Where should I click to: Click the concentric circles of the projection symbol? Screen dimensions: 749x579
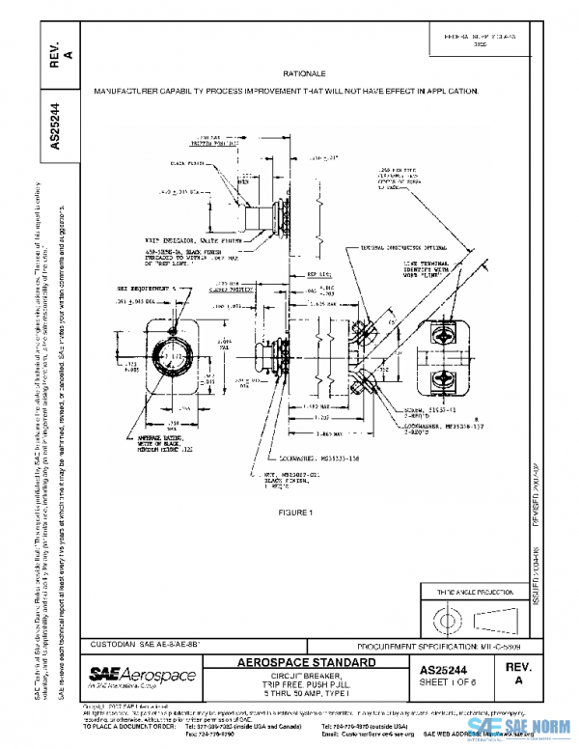(452, 617)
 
